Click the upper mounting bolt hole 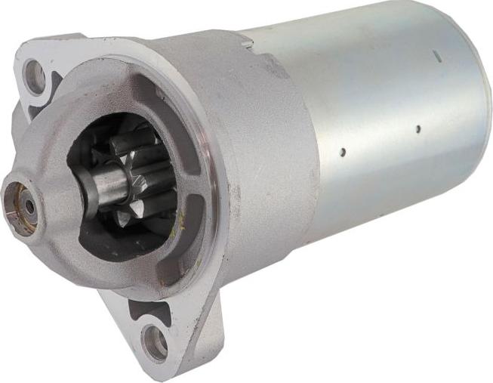coord(35,76)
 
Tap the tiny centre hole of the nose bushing coord(29,204)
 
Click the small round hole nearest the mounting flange coord(342,152)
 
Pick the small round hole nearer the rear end coord(418,128)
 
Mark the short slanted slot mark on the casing coord(436,55)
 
